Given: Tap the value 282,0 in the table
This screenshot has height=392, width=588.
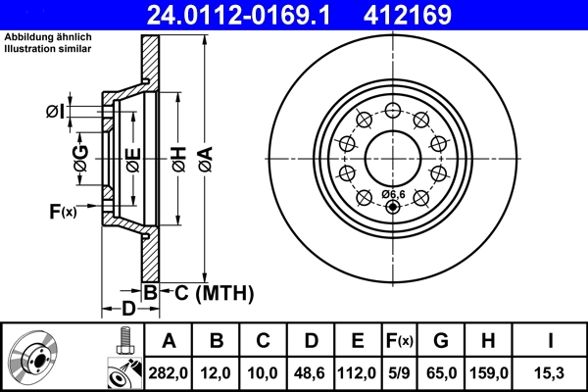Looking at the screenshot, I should (x=169, y=372).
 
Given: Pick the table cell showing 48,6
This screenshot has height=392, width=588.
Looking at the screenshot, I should (x=311, y=372).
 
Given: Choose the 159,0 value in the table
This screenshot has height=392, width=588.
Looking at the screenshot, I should (x=490, y=372).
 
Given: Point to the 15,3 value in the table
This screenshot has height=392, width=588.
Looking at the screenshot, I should (x=552, y=372).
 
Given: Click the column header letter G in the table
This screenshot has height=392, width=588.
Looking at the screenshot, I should (x=442, y=341).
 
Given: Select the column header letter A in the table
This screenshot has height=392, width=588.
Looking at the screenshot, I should (x=169, y=341).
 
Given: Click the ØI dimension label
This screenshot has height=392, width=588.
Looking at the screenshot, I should (x=55, y=112).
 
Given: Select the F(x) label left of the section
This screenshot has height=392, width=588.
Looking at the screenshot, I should (x=62, y=211).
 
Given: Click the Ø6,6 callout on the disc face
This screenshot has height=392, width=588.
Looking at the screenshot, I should (x=392, y=194).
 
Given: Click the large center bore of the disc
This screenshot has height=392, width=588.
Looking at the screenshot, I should (x=393, y=157).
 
